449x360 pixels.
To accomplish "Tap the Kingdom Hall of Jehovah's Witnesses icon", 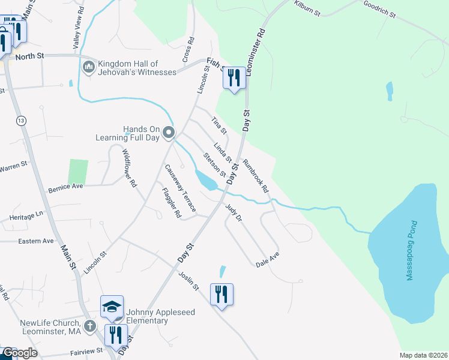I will click(88, 67).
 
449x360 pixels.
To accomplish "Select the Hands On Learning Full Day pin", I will click(169, 133).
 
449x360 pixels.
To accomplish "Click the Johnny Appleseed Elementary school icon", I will click(112, 307).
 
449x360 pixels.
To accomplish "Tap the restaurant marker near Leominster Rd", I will click(234, 78).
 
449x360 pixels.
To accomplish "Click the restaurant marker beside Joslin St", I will click(221, 294).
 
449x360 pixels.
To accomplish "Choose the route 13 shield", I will click(22, 121).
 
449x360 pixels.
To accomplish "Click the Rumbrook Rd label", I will click(256, 176).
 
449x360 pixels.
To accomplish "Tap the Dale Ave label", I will click(268, 260).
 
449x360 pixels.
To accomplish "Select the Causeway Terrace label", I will click(180, 188).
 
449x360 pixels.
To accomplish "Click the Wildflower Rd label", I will click(130, 170).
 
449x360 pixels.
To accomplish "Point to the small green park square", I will click(78, 171).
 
